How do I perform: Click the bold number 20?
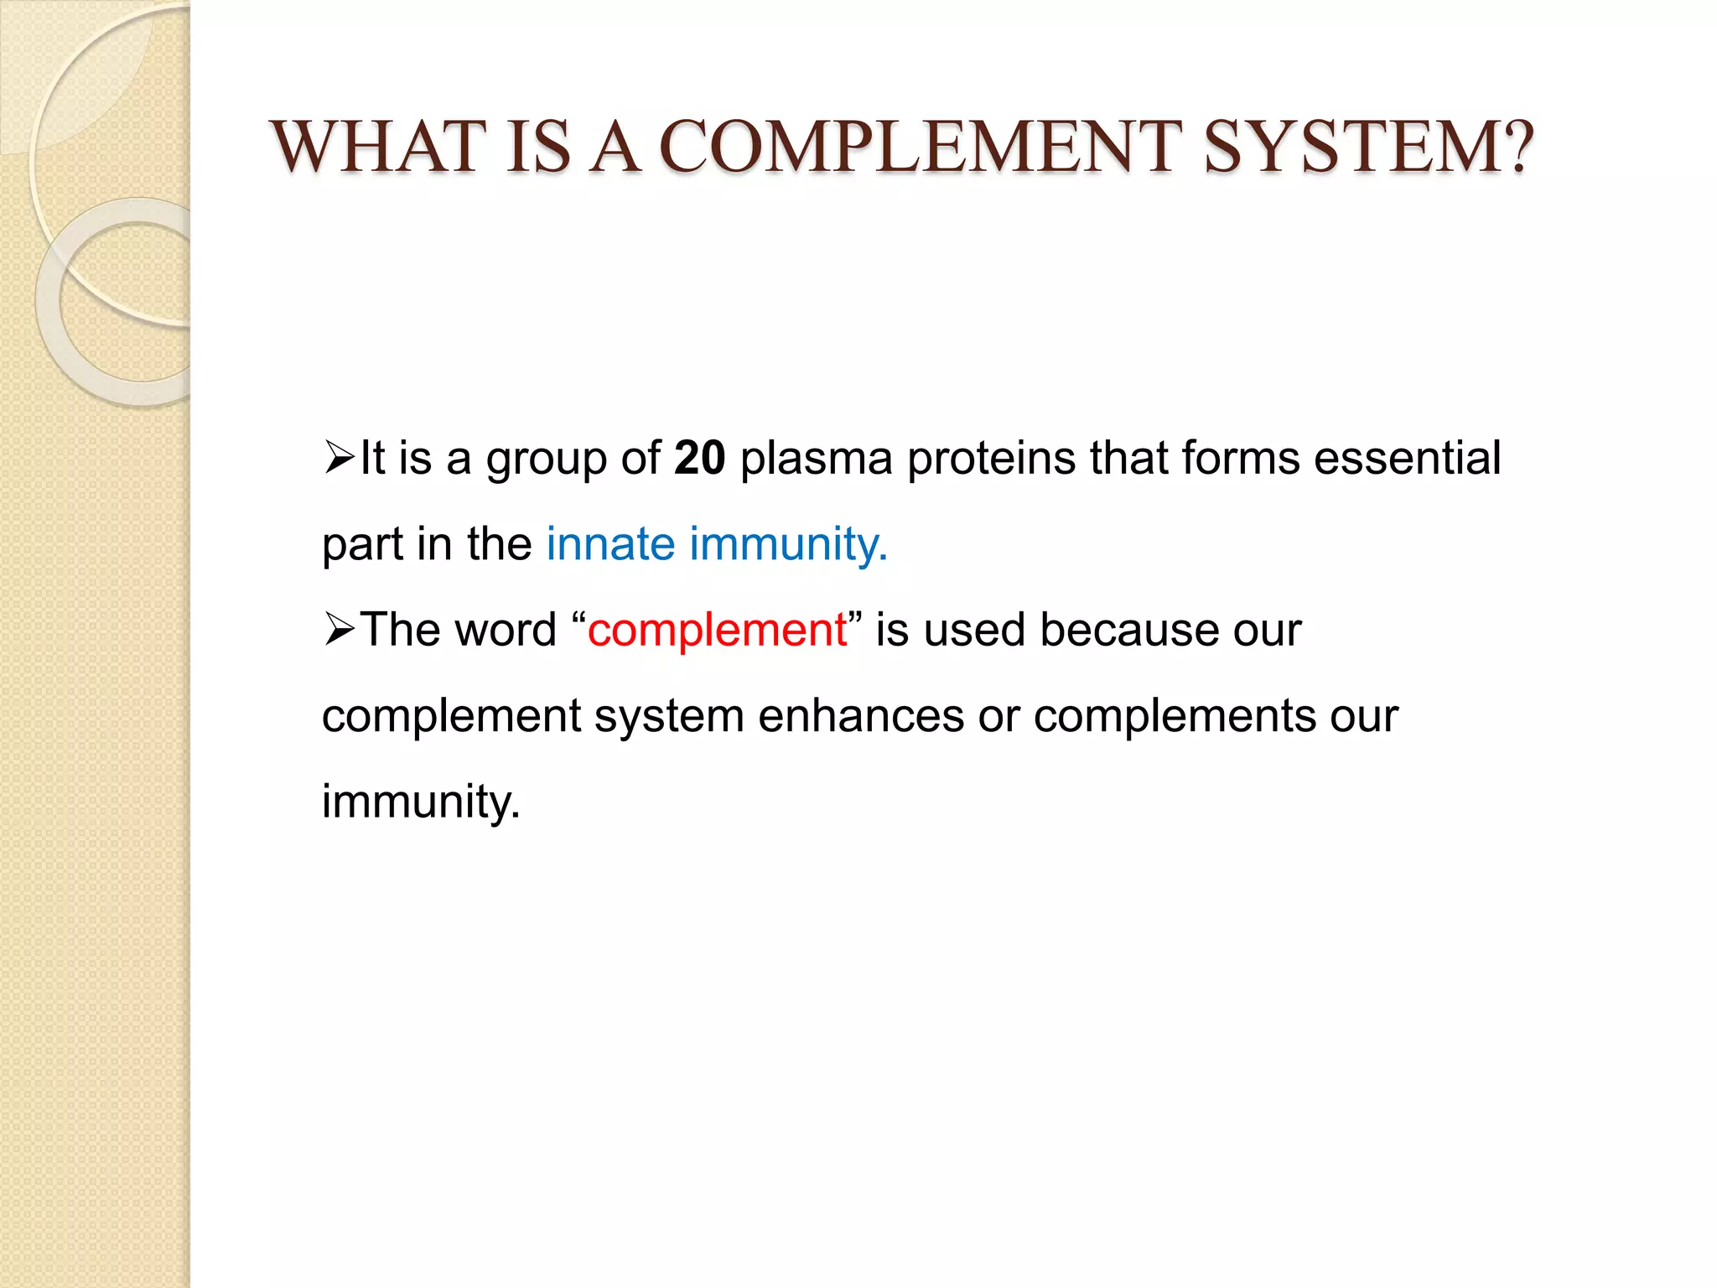pyautogui.click(x=699, y=459)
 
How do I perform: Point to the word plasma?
pyautogui.click(x=816, y=459)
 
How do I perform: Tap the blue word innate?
pyautogui.click(x=610, y=544)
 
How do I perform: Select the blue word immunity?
pyautogui.click(x=788, y=546)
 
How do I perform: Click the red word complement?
pyautogui.click(x=717, y=631)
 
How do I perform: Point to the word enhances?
pyautogui.click(x=860, y=717)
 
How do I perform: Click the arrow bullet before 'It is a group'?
pyautogui.click(x=340, y=459)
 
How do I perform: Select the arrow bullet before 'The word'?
pyautogui.click(x=340, y=630)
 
